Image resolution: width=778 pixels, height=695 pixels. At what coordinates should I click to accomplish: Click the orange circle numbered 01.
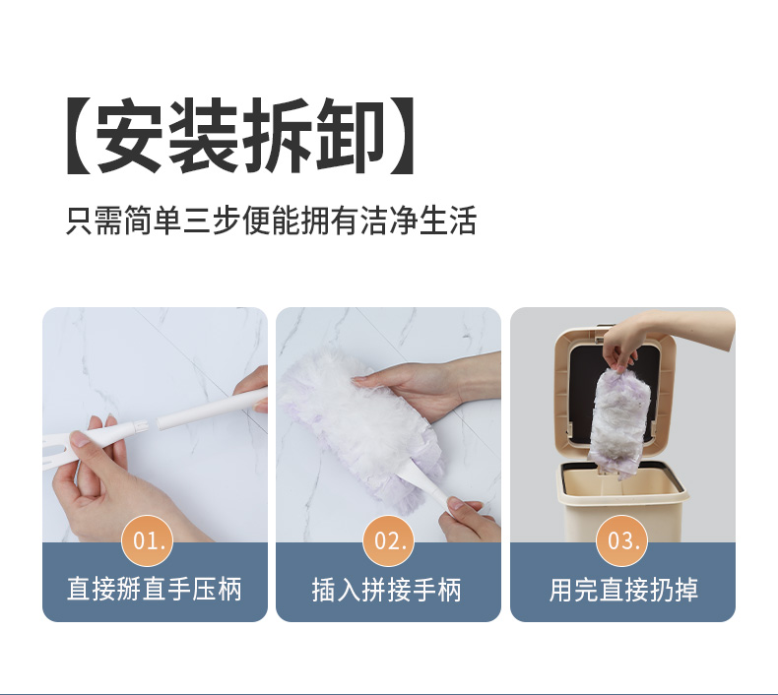(148, 540)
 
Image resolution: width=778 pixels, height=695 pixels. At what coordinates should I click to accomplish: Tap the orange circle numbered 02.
(388, 540)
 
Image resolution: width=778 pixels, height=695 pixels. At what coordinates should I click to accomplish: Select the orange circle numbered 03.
(622, 540)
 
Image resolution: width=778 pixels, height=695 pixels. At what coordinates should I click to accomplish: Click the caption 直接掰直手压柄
(155, 590)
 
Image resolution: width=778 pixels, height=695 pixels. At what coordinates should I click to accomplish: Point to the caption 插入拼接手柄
(387, 590)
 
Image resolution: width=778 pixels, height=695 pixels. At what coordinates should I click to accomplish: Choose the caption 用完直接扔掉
(623, 590)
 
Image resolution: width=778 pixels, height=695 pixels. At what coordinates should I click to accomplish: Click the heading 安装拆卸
(240, 136)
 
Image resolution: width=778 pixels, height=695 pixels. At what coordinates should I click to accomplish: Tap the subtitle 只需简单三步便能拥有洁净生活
(272, 220)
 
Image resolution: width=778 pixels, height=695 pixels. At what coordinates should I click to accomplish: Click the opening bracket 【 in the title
(80, 136)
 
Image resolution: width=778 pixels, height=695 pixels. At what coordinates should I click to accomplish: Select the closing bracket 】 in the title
(402, 136)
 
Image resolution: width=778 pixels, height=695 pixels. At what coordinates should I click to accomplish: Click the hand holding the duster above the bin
(665, 338)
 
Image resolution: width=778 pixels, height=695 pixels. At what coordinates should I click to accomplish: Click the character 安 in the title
(129, 136)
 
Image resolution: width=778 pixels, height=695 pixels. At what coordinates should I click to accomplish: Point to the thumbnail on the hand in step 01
(80, 439)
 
